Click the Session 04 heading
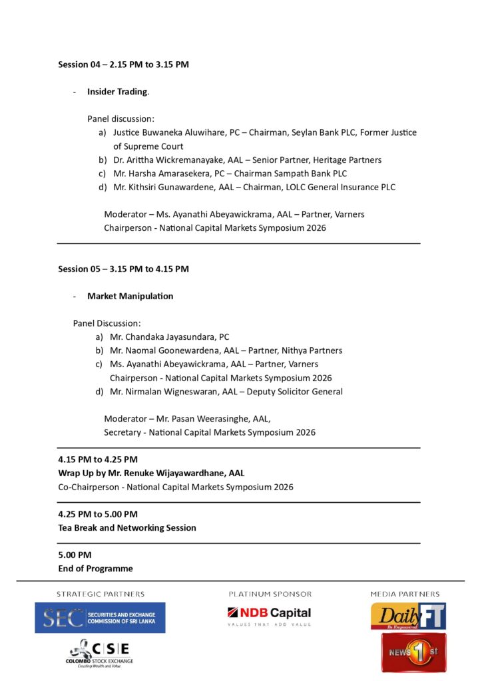(123, 65)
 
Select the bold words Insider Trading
(117, 92)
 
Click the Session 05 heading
(123, 269)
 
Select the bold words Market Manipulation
(130, 296)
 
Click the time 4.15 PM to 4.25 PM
(98, 460)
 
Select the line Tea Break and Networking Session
(127, 528)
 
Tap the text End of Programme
(95, 569)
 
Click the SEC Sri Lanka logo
(100, 618)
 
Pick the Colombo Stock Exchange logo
(100, 652)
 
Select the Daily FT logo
(407, 616)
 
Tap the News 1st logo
(413, 652)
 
